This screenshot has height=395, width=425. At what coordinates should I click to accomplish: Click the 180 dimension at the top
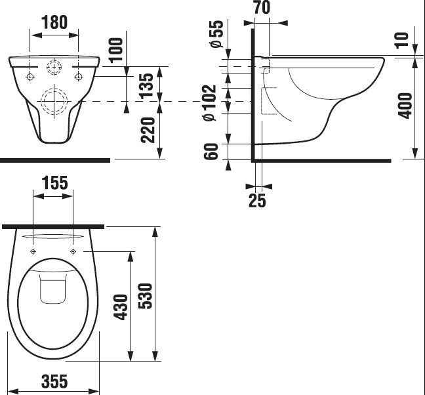point(55,22)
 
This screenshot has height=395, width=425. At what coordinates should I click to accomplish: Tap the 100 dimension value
point(116,51)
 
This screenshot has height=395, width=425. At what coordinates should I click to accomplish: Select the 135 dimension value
point(148,84)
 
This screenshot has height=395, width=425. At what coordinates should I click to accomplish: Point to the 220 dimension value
point(148,130)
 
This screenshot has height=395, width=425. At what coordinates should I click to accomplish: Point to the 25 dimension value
point(258,201)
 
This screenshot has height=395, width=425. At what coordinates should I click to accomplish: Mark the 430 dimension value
point(121,306)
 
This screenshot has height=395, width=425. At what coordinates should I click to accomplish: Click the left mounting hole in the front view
point(30,77)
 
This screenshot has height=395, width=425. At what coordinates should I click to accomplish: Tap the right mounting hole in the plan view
point(73,251)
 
